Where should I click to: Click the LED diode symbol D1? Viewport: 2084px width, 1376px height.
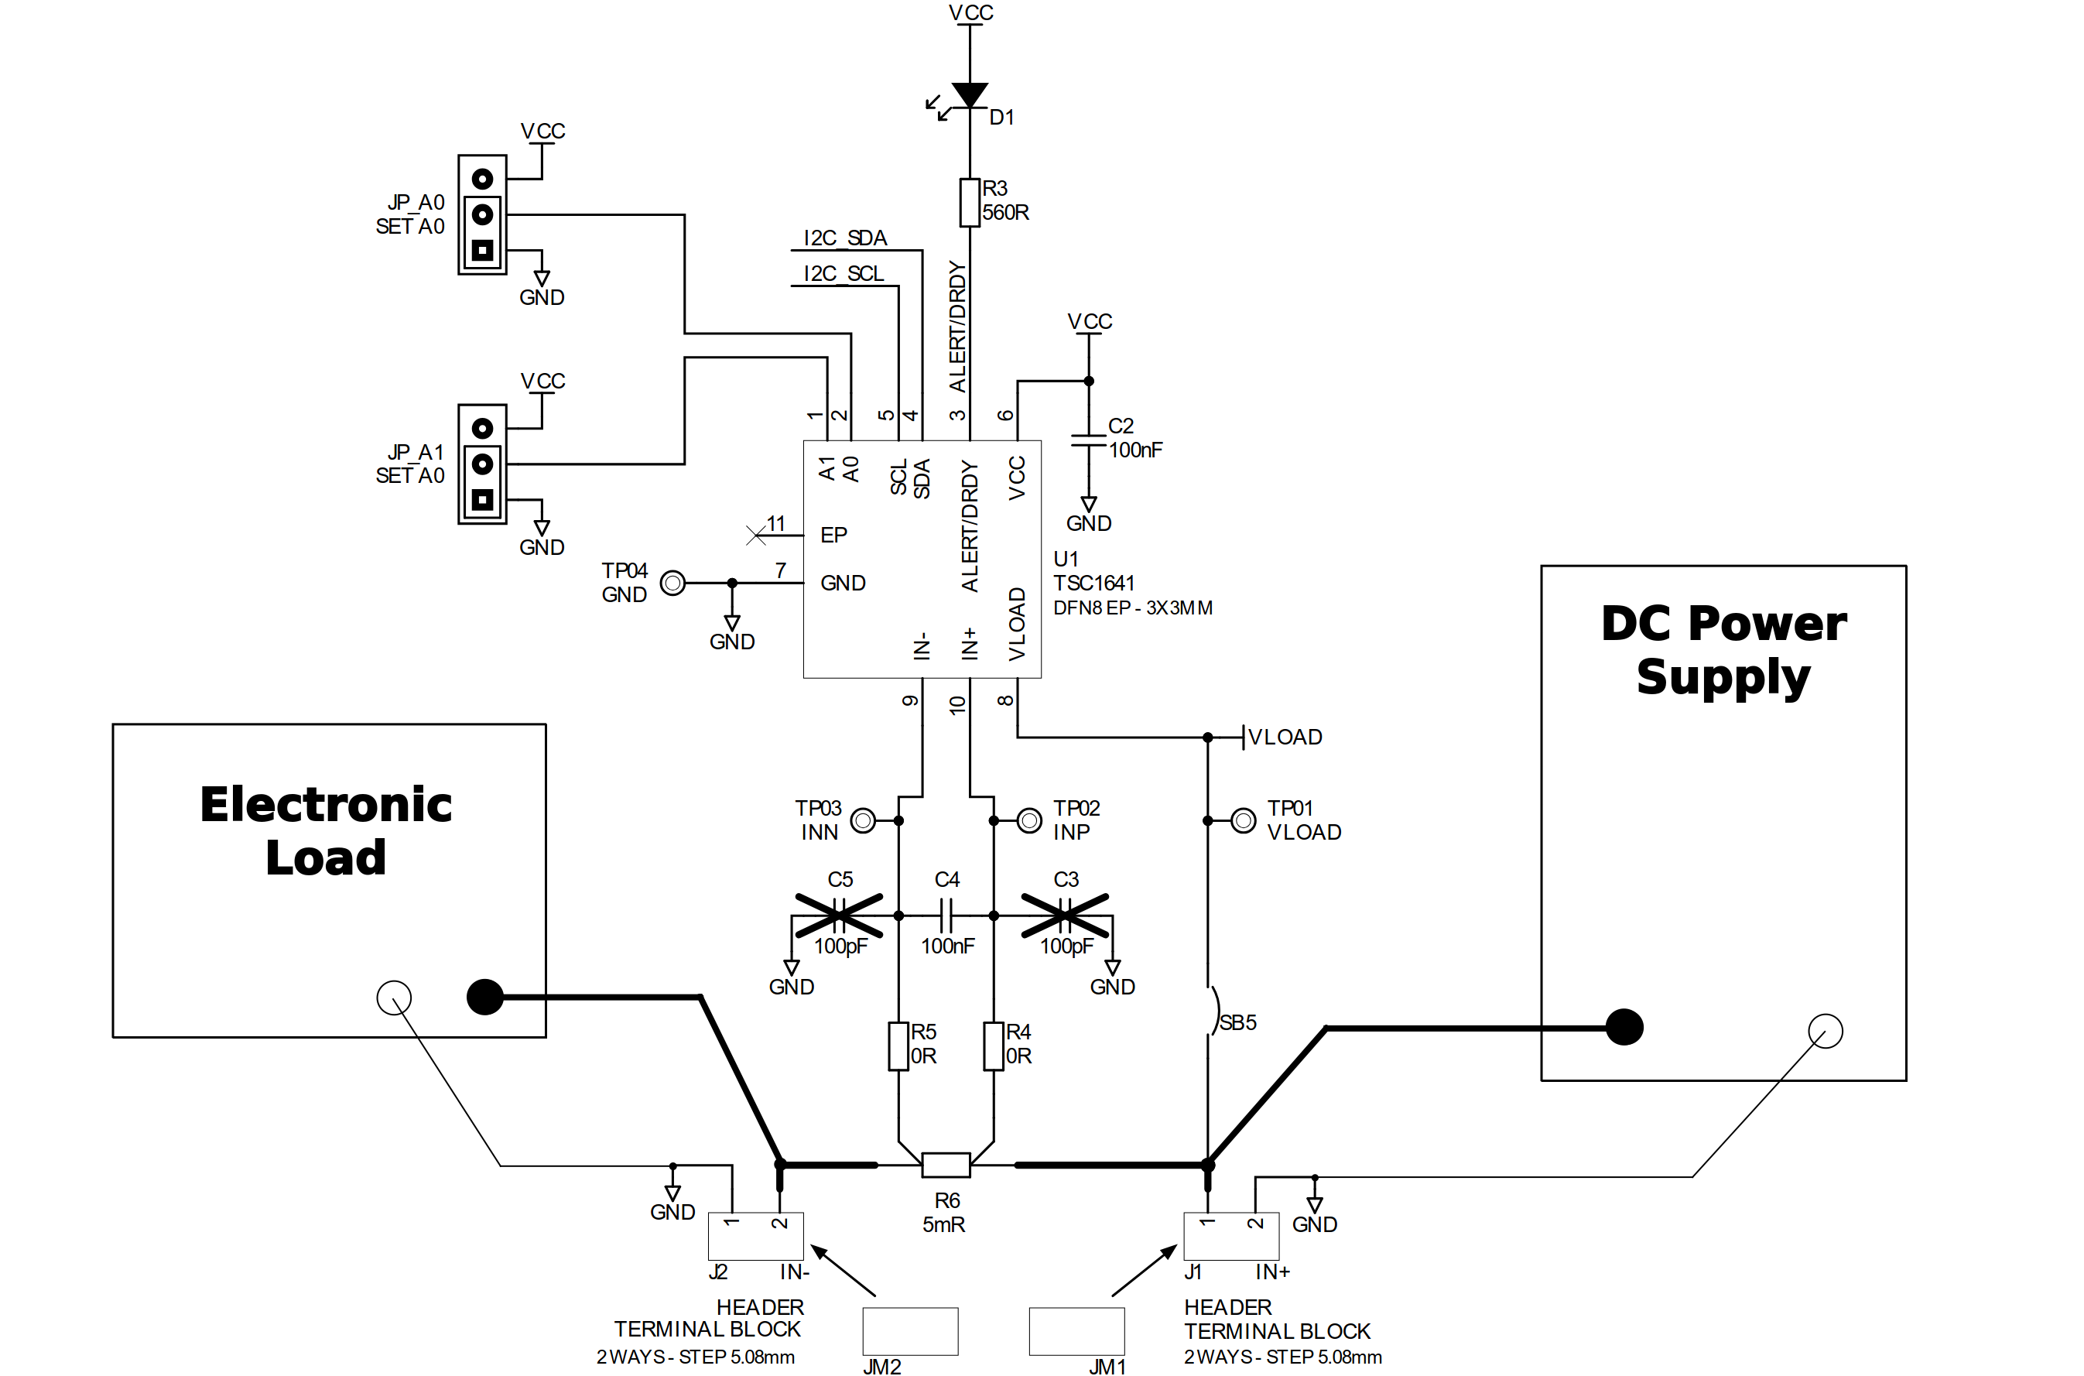click(970, 94)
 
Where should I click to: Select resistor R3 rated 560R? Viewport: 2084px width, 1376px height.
click(970, 203)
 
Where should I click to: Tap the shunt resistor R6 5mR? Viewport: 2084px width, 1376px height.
click(946, 1165)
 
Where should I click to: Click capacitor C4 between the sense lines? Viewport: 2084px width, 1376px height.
click(946, 916)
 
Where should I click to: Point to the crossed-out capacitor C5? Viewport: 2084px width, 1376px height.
click(839, 916)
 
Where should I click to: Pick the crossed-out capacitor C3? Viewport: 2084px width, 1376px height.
click(1064, 916)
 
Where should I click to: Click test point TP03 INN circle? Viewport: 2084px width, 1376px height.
click(864, 820)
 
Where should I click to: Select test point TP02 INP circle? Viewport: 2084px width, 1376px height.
click(1029, 820)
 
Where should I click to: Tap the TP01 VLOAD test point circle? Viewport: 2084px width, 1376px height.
click(1244, 820)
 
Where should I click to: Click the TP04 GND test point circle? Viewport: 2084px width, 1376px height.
click(672, 583)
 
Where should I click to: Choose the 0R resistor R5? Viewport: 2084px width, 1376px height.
click(898, 1046)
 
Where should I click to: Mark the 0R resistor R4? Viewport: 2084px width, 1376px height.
click(994, 1046)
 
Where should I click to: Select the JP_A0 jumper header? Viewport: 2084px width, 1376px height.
click(482, 215)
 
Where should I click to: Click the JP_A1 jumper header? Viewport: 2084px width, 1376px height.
click(482, 464)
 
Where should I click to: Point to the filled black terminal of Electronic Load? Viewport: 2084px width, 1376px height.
click(485, 997)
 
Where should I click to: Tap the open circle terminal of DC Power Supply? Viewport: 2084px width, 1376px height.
click(1826, 1031)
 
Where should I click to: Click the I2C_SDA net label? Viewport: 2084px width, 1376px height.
click(845, 238)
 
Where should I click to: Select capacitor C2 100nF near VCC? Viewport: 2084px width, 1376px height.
click(1089, 440)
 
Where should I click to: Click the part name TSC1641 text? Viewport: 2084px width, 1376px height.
click(1093, 583)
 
